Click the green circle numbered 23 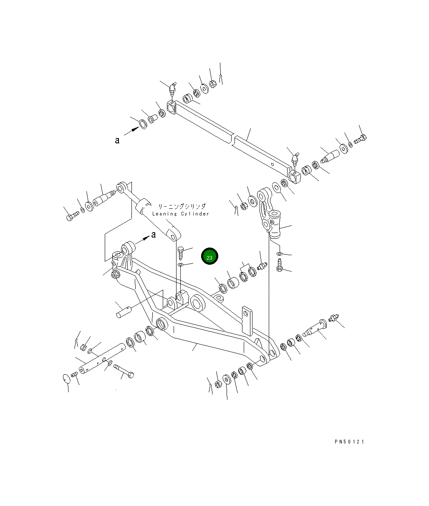(209, 256)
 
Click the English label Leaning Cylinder (181, 214)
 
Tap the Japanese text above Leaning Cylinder (182, 206)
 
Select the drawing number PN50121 (349, 442)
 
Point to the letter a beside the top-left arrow (117, 140)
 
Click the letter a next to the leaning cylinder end (154, 235)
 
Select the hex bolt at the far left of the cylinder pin (73, 216)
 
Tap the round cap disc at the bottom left (66, 379)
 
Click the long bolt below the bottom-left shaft (124, 371)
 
